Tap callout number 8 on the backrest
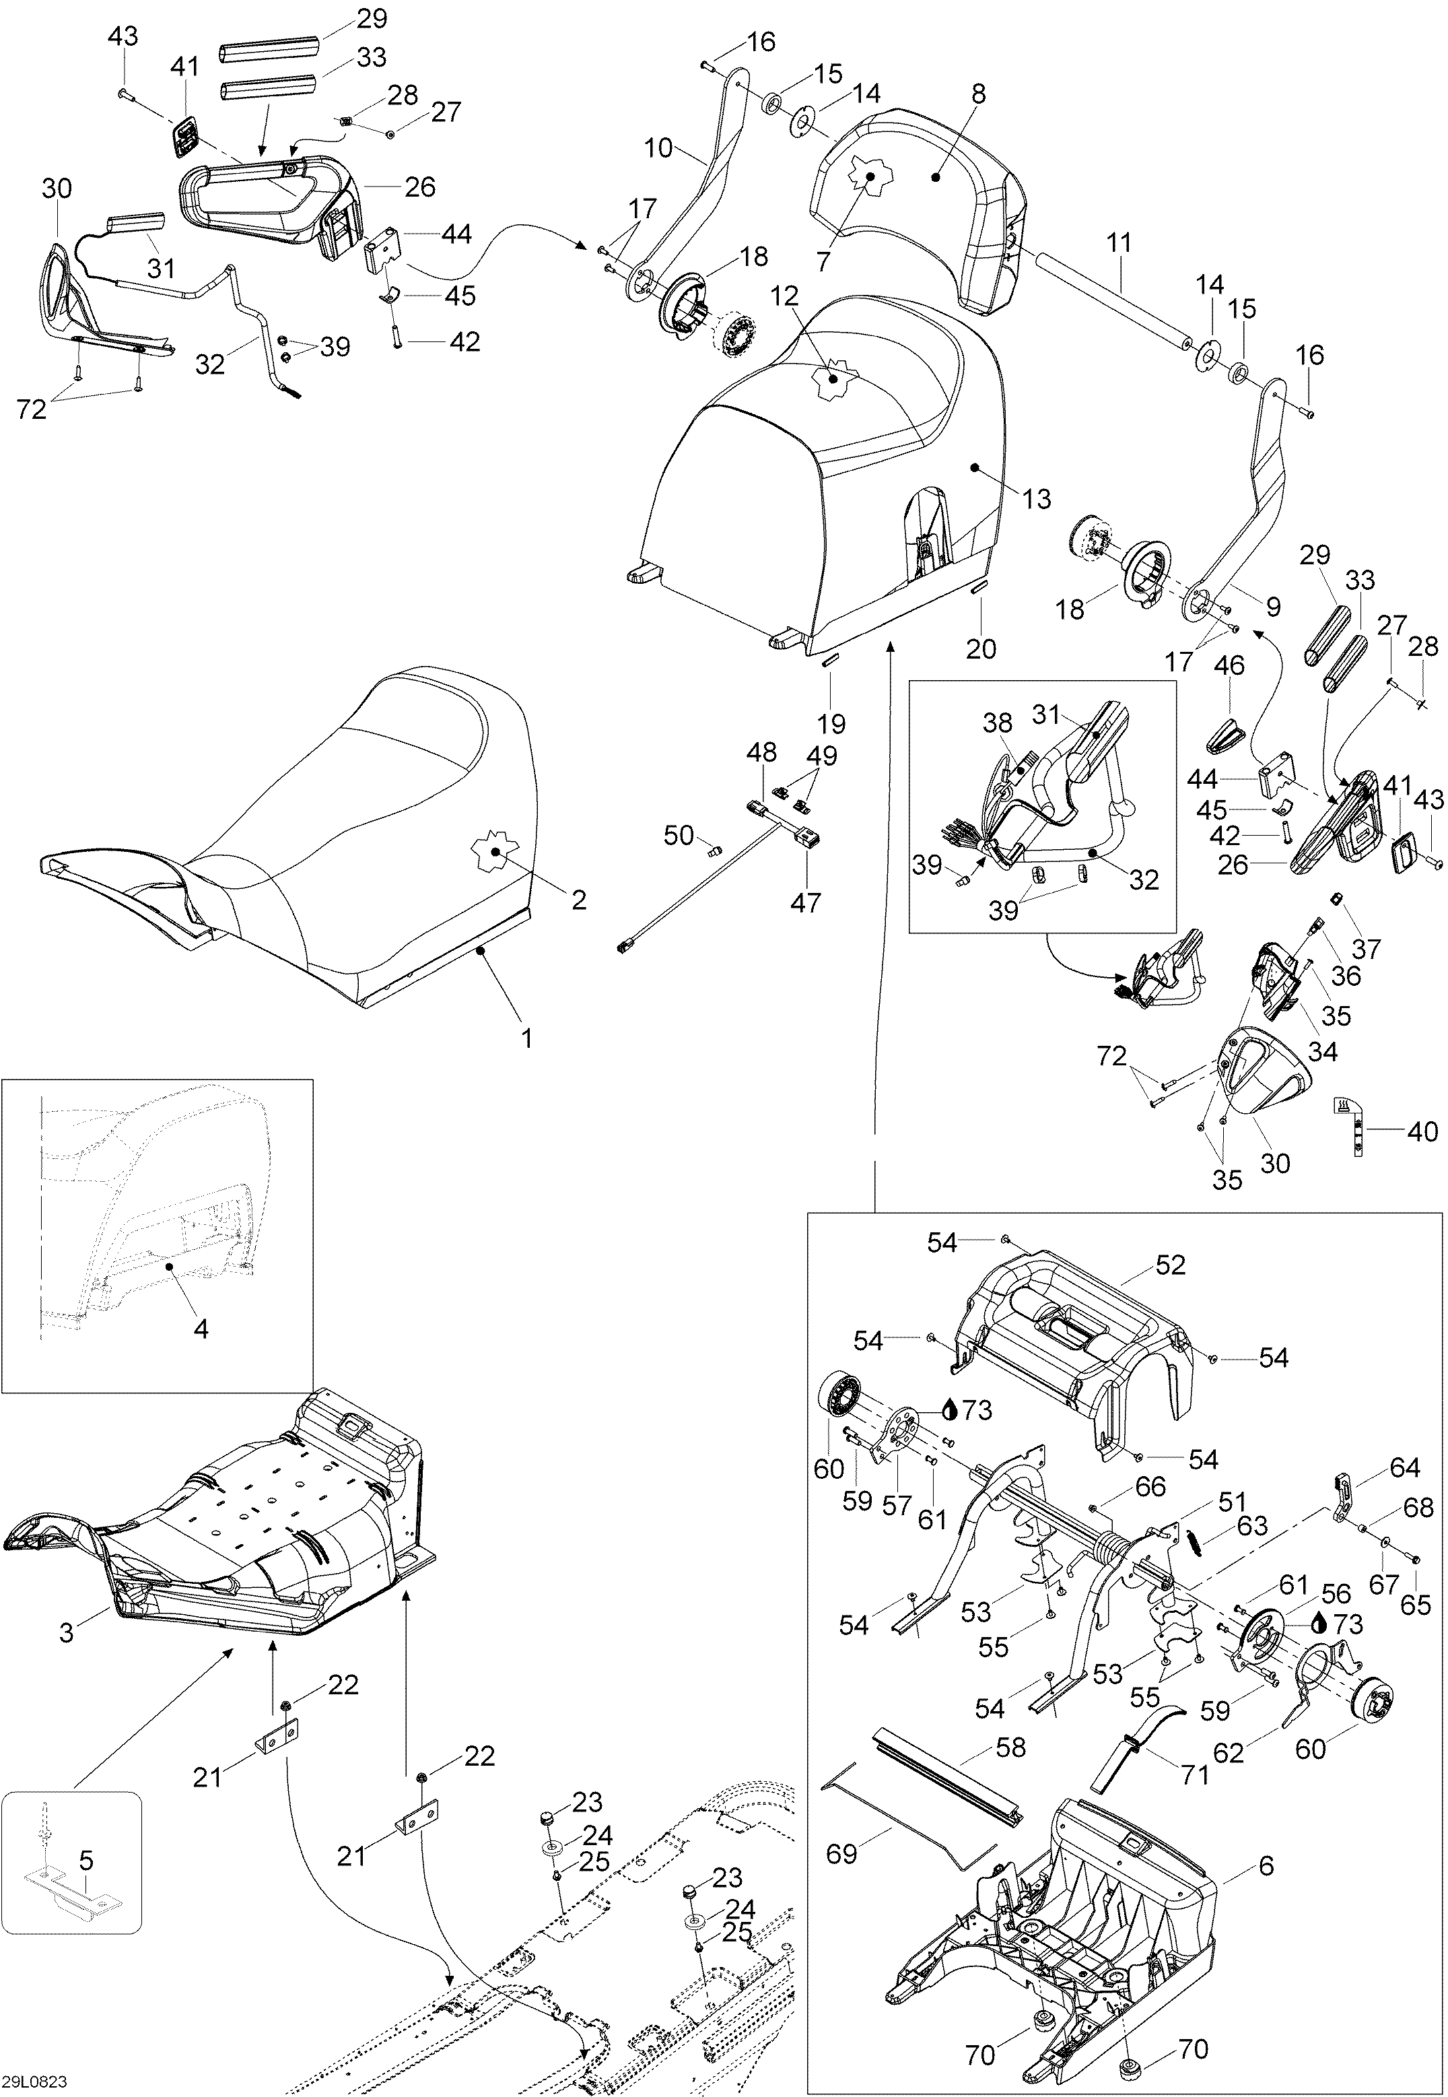coord(978,94)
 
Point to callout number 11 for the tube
coord(1119,242)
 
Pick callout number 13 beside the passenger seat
coord(1036,498)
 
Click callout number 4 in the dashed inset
coord(201,1329)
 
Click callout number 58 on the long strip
coord(1010,1747)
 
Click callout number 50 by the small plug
coord(679,835)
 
